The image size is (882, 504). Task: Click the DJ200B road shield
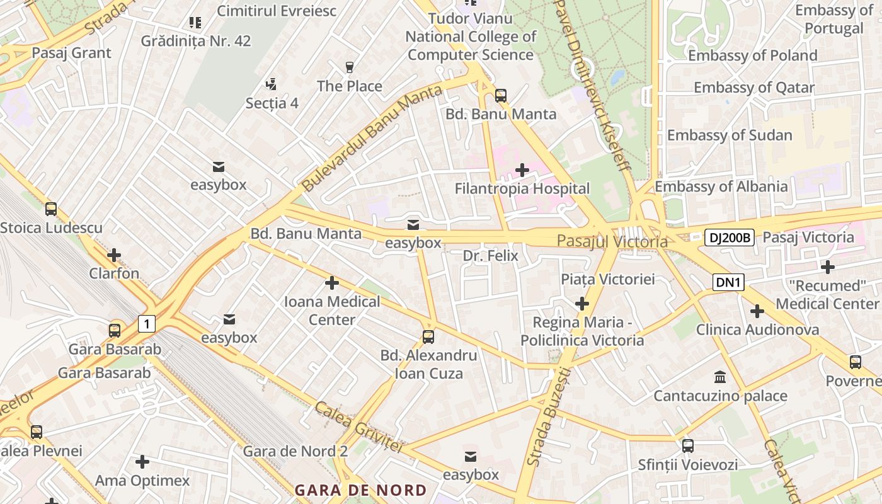[x=728, y=238]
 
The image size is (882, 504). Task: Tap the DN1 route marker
[x=728, y=282]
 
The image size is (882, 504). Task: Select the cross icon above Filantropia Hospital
[x=522, y=169]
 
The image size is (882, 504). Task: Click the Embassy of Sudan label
[x=730, y=135]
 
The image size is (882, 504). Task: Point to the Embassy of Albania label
[x=721, y=186]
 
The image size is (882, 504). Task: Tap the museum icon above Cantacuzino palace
[x=719, y=377]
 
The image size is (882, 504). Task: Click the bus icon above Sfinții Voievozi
[x=687, y=446]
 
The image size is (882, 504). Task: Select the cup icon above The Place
[x=350, y=67]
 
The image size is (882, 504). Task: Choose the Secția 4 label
[x=272, y=103]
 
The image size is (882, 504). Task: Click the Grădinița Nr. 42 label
[x=196, y=41]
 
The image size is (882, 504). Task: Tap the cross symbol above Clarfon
[x=114, y=255]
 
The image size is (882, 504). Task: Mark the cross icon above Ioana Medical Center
[x=332, y=283]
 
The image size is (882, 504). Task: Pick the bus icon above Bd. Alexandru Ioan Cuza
[x=428, y=337]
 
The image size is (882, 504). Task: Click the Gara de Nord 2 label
[x=295, y=451]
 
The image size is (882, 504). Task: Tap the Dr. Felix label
[x=490, y=256]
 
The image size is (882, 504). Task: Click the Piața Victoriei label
[x=608, y=279]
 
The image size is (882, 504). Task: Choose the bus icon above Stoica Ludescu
[x=51, y=209]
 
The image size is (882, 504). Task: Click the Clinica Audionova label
[x=757, y=329]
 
